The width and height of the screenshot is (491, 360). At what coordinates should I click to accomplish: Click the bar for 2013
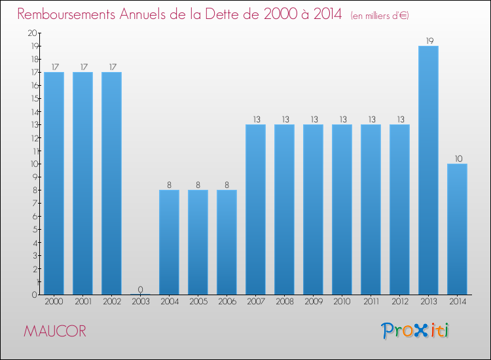click(x=428, y=170)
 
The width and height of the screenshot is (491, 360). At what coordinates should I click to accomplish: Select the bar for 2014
click(x=457, y=229)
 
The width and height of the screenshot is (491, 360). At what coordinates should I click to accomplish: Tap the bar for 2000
click(x=54, y=183)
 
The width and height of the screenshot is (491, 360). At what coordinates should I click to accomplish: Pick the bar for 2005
click(x=198, y=242)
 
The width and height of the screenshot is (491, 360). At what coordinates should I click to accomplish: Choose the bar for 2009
click(x=313, y=209)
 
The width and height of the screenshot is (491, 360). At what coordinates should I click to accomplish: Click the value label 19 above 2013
click(x=428, y=41)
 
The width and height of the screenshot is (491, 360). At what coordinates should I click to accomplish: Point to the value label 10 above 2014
click(x=457, y=158)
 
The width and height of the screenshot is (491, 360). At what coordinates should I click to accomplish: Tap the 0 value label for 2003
click(x=140, y=289)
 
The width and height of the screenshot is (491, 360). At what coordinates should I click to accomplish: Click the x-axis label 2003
click(x=140, y=302)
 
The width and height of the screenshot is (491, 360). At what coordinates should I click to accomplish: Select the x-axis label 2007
click(x=255, y=302)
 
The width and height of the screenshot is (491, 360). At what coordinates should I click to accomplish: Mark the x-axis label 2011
click(x=371, y=302)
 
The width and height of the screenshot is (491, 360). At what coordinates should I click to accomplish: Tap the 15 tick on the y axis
click(x=32, y=98)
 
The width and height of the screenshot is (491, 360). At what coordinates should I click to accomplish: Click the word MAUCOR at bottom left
click(x=54, y=331)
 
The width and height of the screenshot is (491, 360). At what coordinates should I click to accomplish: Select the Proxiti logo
click(x=415, y=330)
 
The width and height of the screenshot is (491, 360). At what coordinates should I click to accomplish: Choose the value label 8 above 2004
click(x=169, y=185)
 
